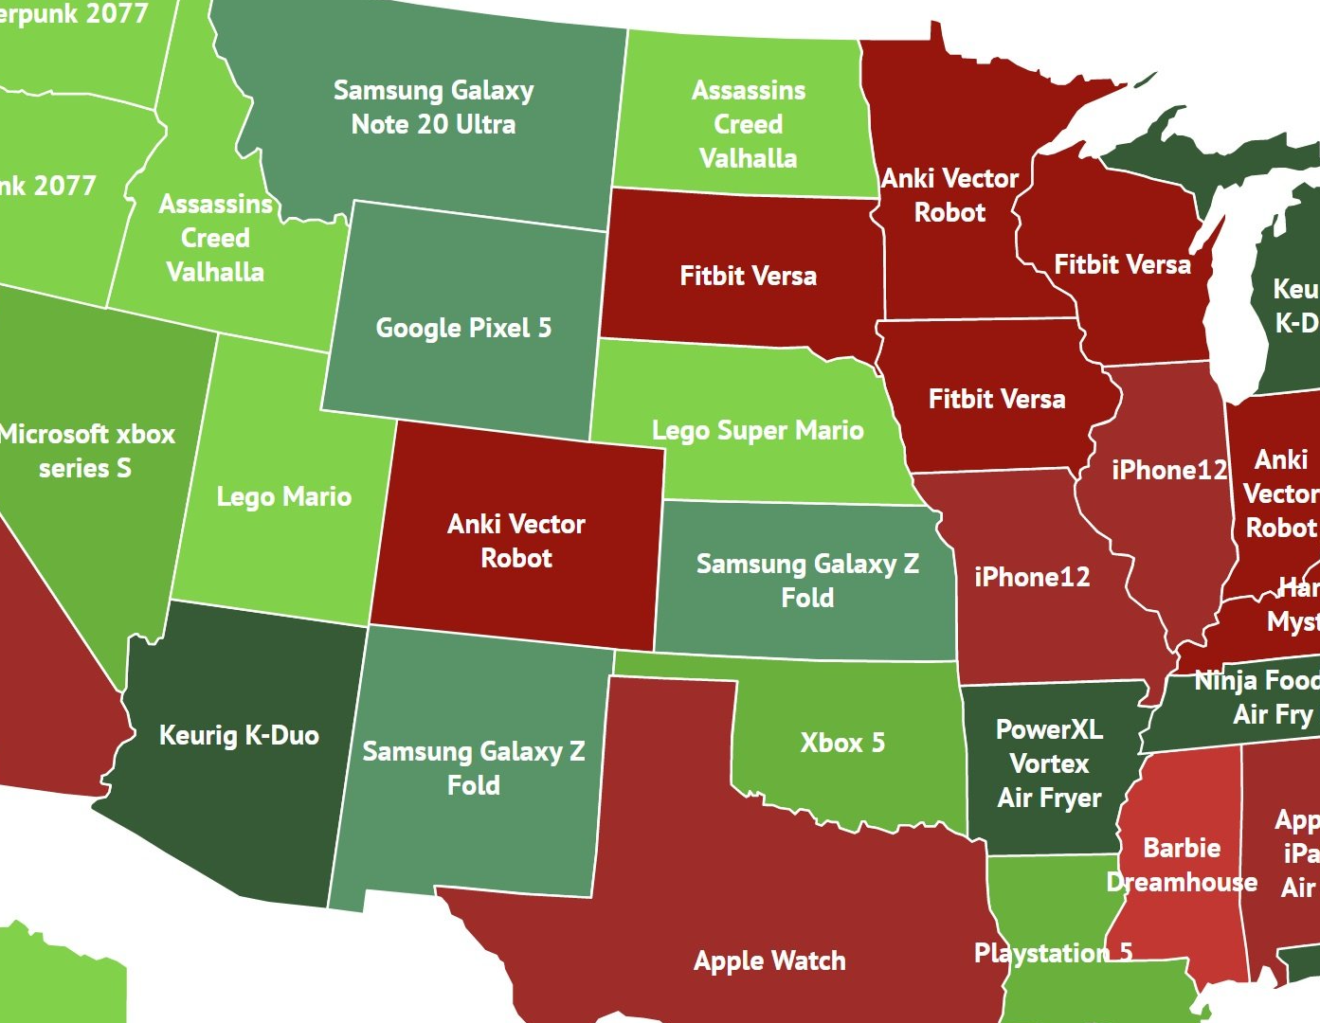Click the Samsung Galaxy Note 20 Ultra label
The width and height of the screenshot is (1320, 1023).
pyautogui.click(x=433, y=107)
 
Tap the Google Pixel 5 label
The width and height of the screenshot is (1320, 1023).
pyautogui.click(x=463, y=328)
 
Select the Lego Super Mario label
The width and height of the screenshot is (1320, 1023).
pyautogui.click(x=757, y=431)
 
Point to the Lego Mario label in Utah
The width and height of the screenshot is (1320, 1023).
pyautogui.click(x=283, y=496)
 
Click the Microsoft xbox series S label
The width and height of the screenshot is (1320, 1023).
pyautogui.click(x=86, y=451)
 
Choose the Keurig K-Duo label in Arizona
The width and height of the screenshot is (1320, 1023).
pyautogui.click(x=239, y=735)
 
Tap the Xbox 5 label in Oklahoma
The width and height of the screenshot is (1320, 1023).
pyautogui.click(x=842, y=743)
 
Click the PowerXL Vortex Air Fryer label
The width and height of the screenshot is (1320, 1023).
pyautogui.click(x=1049, y=763)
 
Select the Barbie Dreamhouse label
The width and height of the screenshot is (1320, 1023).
pyautogui.click(x=1182, y=865)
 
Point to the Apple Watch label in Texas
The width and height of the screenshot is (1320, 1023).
pyautogui.click(x=769, y=960)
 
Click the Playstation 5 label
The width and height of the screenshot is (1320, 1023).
pyautogui.click(x=1053, y=953)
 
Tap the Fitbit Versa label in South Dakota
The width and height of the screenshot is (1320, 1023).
pyautogui.click(x=748, y=276)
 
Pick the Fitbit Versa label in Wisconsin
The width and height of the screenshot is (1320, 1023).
pyautogui.click(x=1122, y=264)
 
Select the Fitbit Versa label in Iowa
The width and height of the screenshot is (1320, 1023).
pyautogui.click(x=997, y=399)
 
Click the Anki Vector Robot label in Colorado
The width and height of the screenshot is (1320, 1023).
pyautogui.click(x=516, y=541)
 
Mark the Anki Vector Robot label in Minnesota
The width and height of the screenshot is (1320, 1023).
pyautogui.click(x=949, y=195)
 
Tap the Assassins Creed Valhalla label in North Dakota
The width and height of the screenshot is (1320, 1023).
pyautogui.click(x=748, y=124)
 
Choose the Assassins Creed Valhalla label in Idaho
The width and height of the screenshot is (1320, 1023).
pyautogui.click(x=215, y=238)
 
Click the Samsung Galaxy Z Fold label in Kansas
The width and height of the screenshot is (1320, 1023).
pyautogui.click(x=807, y=581)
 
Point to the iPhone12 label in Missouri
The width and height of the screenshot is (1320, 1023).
pyautogui.click(x=1032, y=577)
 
